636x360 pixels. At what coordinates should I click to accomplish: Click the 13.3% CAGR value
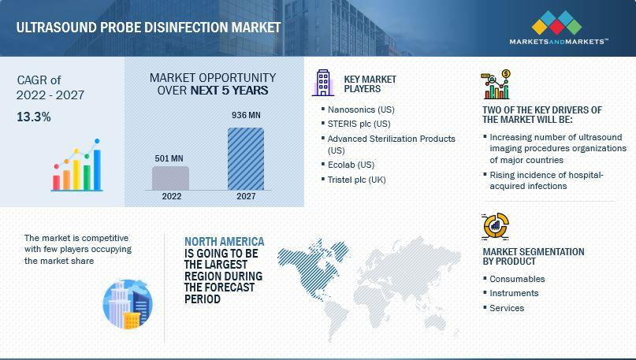34,117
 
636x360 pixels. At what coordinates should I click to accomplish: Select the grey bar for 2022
170,178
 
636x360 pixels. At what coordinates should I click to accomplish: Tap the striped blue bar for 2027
246,158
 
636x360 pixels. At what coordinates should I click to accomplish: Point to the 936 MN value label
246,115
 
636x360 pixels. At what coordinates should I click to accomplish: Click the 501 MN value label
169,158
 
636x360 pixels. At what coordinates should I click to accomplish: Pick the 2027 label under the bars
246,196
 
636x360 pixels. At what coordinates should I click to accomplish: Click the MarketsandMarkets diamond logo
556,23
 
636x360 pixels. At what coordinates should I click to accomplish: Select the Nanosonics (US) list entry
361,109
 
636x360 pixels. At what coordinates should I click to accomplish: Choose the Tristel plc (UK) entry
356,180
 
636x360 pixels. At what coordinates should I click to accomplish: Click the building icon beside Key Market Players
323,83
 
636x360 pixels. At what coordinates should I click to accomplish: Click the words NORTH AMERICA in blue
225,242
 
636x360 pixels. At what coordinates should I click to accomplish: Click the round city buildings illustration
128,303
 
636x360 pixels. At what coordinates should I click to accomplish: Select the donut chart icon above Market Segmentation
495,226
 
